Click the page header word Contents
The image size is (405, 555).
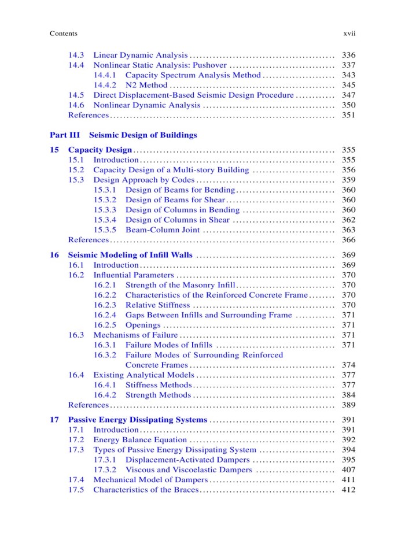[64, 34]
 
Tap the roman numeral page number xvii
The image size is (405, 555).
[349, 34]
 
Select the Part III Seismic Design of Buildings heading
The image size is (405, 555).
[123, 135]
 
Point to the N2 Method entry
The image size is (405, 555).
[146, 85]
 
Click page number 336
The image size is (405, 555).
[349, 55]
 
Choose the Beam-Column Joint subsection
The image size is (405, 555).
[163, 230]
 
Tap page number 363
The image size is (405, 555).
[349, 230]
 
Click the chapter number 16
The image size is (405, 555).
[54, 255]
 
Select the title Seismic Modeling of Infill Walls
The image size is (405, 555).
[130, 255]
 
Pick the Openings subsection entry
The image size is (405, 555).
[143, 325]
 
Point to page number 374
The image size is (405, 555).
[349, 365]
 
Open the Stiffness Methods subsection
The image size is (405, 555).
[158, 385]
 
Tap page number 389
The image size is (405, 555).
[349, 405]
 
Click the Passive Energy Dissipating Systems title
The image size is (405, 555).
[137, 420]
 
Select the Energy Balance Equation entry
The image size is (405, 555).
[140, 440]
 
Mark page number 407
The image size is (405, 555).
[349, 470]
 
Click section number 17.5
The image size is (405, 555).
[76, 490]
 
